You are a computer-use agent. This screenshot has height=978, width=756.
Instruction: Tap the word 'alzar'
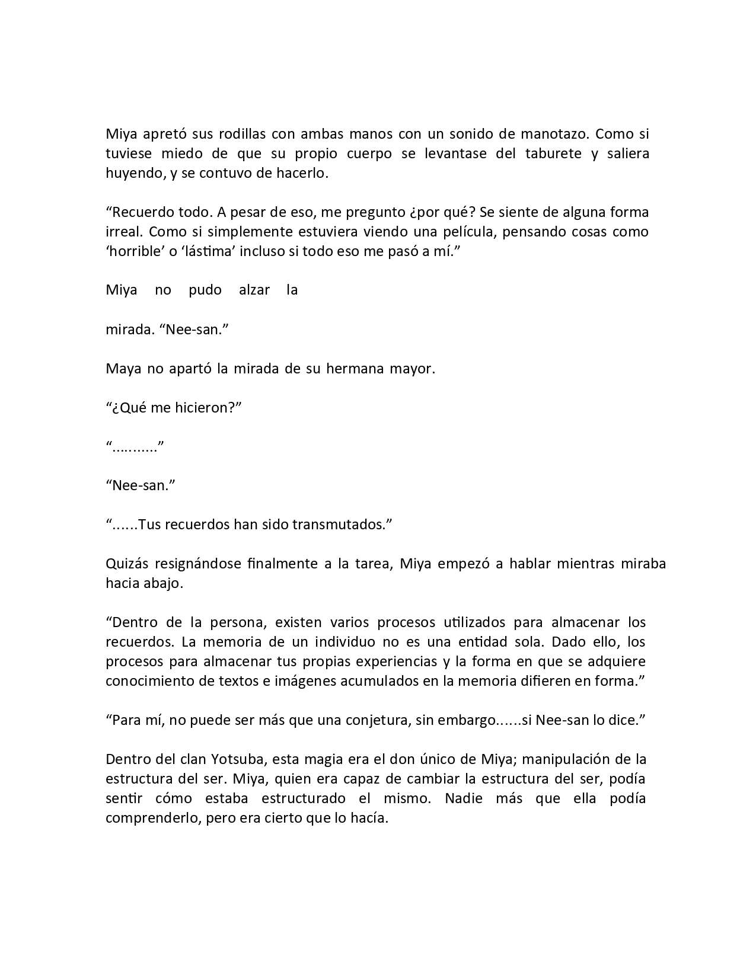pyautogui.click(x=254, y=290)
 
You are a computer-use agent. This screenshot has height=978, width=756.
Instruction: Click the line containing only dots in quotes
pyautogui.click(x=135, y=448)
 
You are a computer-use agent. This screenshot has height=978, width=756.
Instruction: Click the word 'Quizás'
pyautogui.click(x=126, y=564)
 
